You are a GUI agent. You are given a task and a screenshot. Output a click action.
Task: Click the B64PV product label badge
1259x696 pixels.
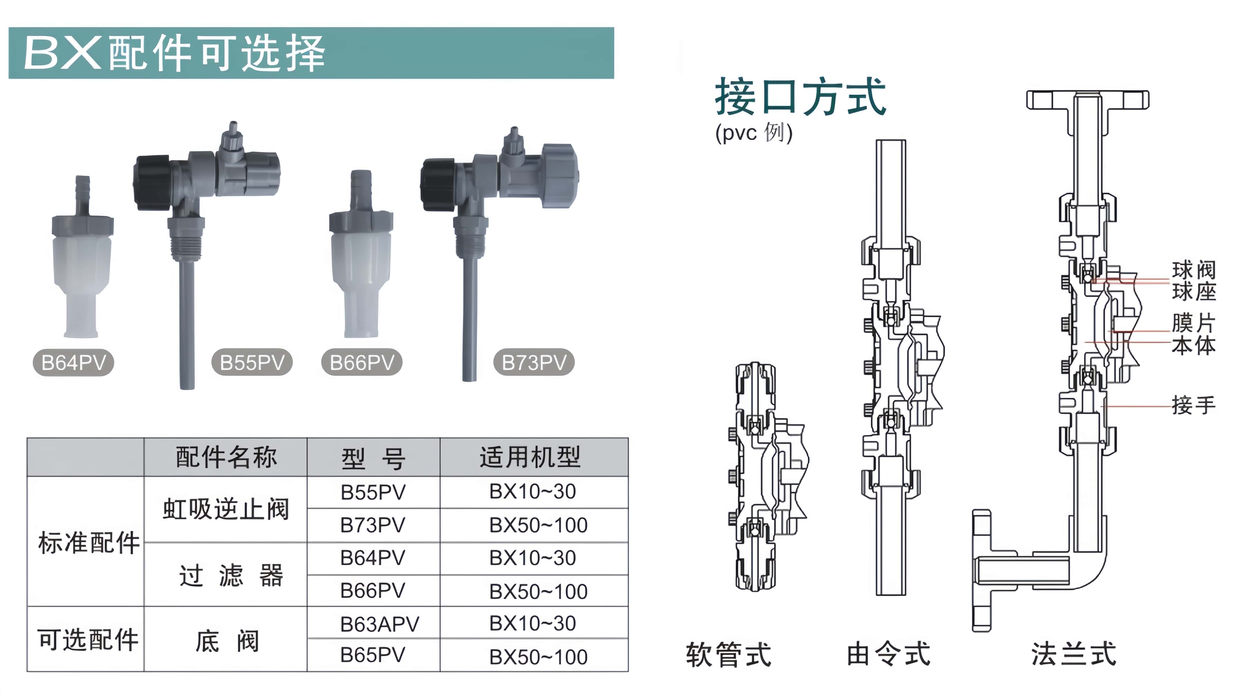tap(73, 362)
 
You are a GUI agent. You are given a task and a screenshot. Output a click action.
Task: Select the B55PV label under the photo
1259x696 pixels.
tap(252, 362)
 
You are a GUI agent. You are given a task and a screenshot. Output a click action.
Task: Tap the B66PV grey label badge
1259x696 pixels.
tap(362, 362)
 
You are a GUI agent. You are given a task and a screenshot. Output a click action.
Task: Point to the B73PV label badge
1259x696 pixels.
tap(534, 362)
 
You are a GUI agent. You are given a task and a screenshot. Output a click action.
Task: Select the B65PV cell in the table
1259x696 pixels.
tap(373, 655)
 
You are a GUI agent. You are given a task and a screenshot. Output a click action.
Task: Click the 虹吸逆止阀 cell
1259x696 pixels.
tap(226, 509)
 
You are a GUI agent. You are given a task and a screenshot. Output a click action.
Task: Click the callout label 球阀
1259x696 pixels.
tap(1193, 270)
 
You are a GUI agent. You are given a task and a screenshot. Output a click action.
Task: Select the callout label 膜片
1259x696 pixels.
tap(1193, 323)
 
